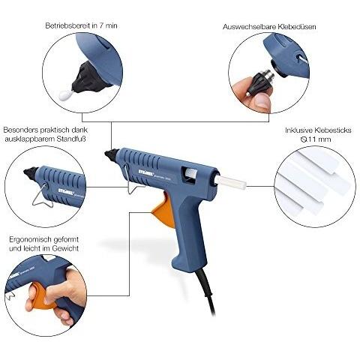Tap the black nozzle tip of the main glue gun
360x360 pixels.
click(x=112, y=155)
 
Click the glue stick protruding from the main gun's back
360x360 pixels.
click(x=231, y=182)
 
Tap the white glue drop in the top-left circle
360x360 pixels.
click(x=64, y=95)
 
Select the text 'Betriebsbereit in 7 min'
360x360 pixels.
click(x=81, y=25)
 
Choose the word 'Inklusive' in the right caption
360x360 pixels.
click(x=298, y=130)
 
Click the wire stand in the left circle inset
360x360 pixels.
click(x=43, y=196)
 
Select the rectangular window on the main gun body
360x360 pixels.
click(x=190, y=174)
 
